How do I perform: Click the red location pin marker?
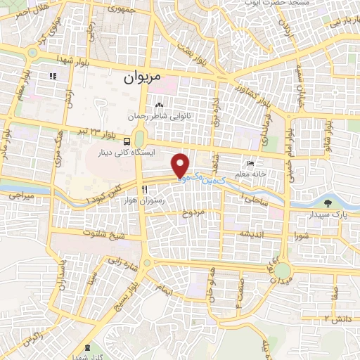tap(181, 165)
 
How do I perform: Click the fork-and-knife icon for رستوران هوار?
tap(143, 188)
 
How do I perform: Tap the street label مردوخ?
tap(193, 212)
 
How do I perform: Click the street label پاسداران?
tap(62, 278)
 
